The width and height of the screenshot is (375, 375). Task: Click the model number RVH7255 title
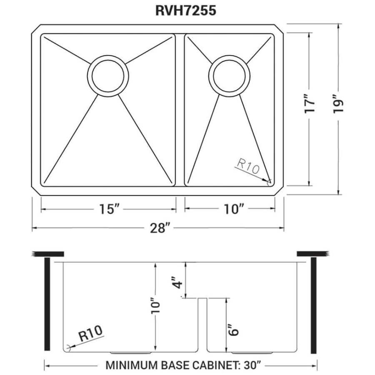(185, 10)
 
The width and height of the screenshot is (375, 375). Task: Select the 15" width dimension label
(109, 209)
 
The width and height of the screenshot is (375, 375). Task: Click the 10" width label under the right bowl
(233, 209)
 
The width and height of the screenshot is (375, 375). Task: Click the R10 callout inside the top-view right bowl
(248, 166)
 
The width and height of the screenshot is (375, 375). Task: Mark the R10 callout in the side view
(91, 333)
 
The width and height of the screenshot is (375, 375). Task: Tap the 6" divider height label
(233, 330)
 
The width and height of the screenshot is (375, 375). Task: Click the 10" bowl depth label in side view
(155, 305)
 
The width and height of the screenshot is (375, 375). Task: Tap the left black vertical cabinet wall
(47, 304)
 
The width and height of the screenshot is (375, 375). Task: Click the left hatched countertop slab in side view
(48, 254)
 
